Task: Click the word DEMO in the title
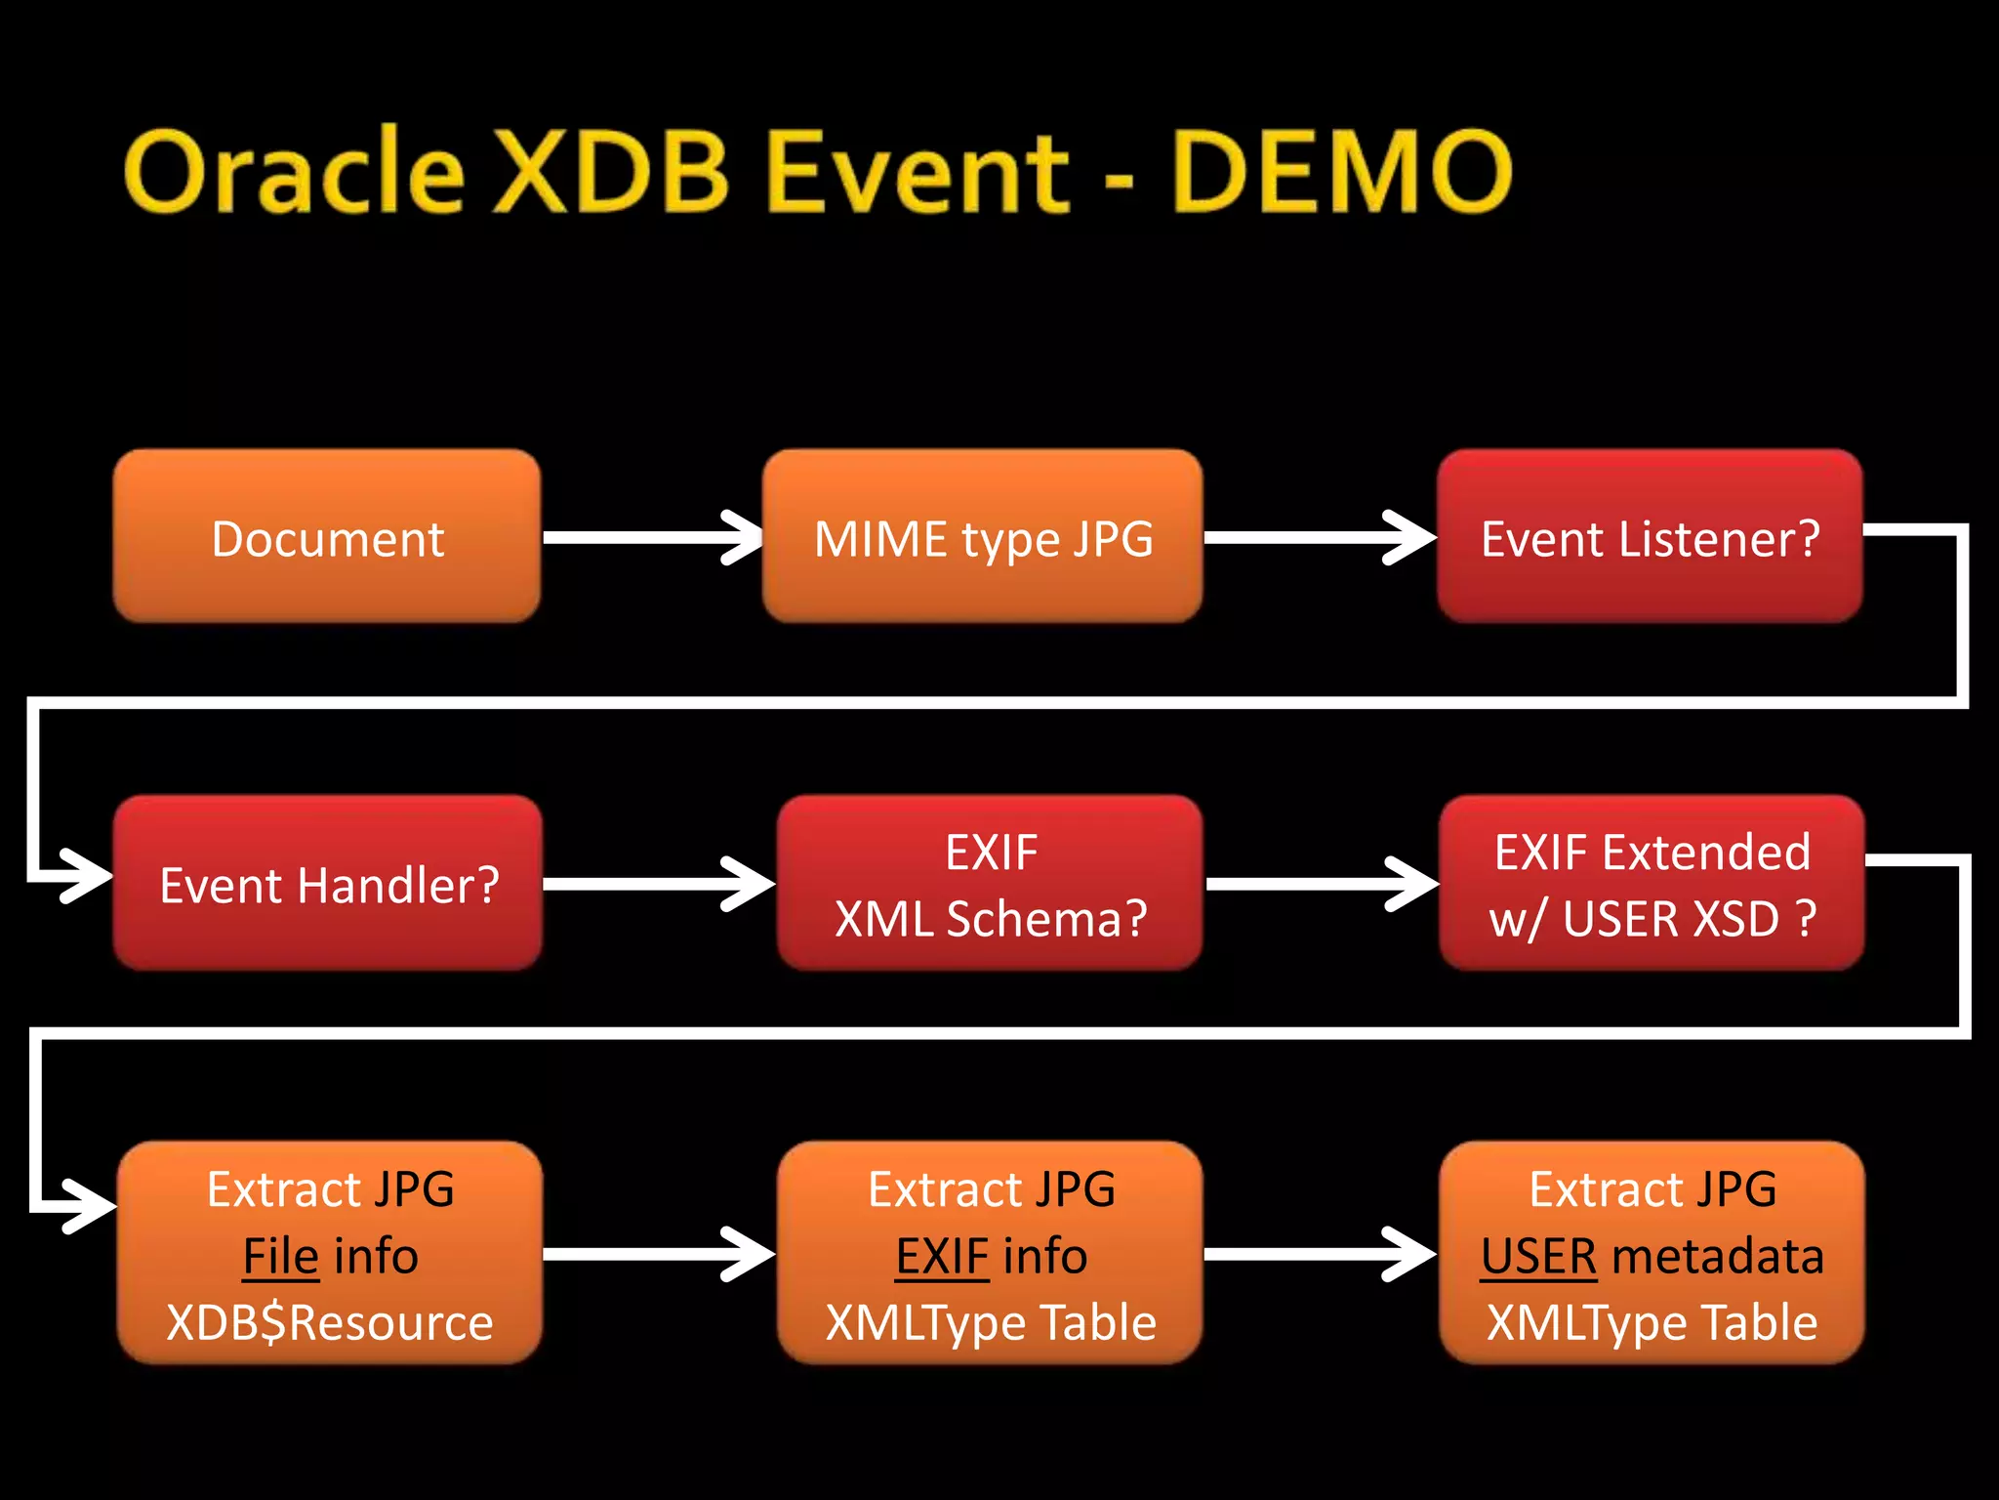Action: click(x=1342, y=172)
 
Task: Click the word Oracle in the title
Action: click(x=293, y=172)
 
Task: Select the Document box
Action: click(x=327, y=537)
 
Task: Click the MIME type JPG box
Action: click(x=982, y=537)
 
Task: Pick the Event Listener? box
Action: click(x=1650, y=537)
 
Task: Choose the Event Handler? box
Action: click(x=328, y=884)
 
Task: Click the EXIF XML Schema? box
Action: click(x=990, y=884)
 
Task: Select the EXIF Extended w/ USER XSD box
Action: click(x=1652, y=884)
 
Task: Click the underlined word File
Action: click(x=280, y=1256)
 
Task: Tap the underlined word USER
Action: click(x=1538, y=1256)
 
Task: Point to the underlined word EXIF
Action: click(x=942, y=1256)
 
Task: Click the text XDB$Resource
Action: click(x=329, y=1322)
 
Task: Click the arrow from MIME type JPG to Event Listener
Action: click(x=1318, y=537)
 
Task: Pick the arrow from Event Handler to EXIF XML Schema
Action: click(x=658, y=884)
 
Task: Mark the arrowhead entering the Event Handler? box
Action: click(x=88, y=875)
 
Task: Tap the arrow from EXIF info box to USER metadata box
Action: click(x=1318, y=1254)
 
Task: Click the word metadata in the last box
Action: click(x=1718, y=1256)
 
